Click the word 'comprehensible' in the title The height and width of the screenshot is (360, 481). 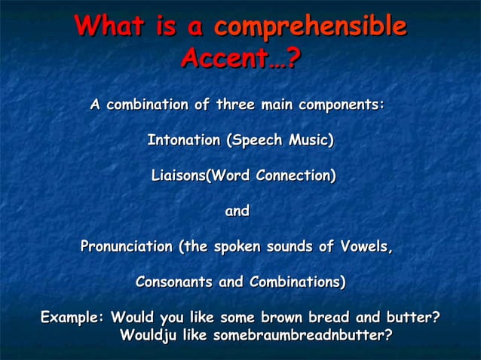(310, 28)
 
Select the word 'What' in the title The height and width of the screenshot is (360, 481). (110, 28)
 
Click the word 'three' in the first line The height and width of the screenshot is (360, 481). (235, 105)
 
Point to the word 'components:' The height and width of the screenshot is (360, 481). (342, 105)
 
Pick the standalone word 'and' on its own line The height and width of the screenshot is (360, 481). (237, 212)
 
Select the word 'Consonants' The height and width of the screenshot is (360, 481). (174, 282)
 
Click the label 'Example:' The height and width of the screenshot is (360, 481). (72, 317)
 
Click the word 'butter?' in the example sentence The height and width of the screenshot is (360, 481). (412, 317)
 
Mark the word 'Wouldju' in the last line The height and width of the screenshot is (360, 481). (149, 334)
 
